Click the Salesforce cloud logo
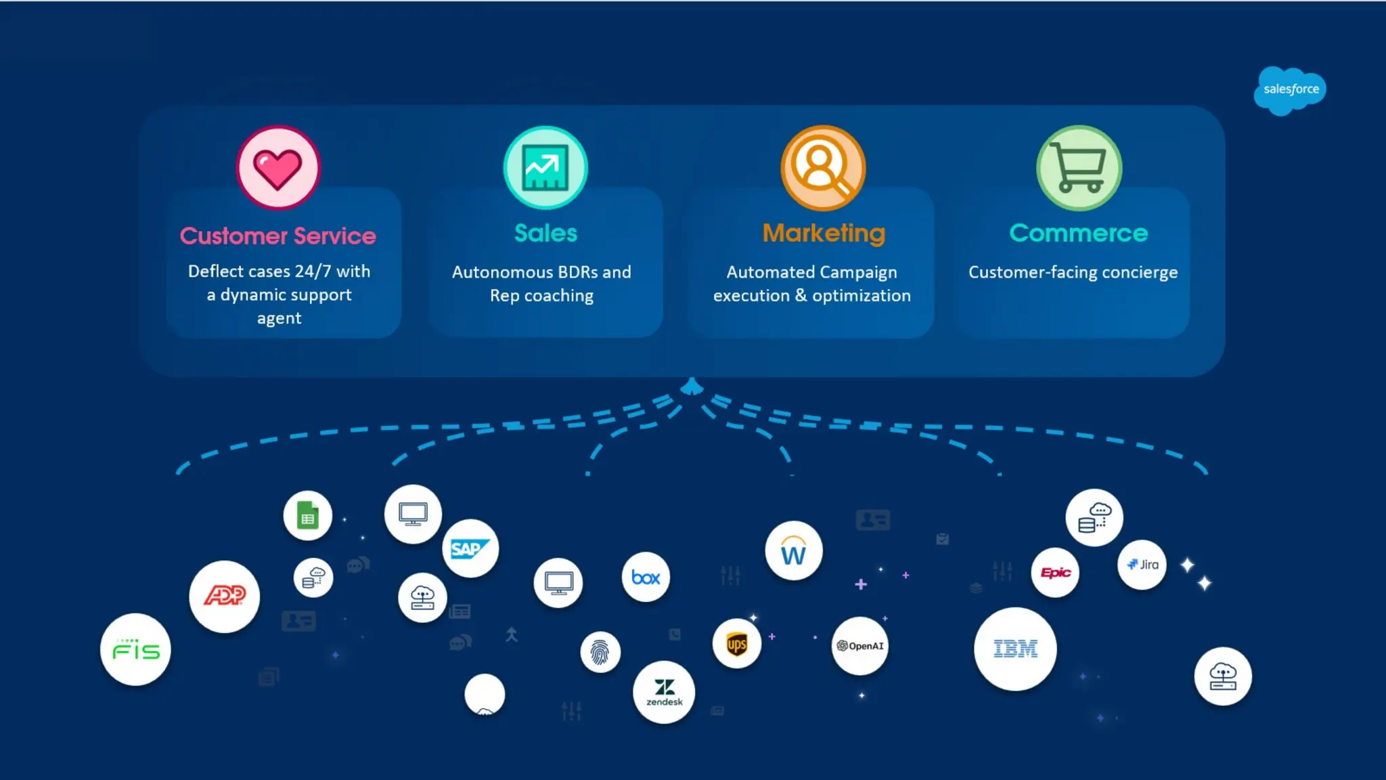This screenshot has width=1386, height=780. [x=1290, y=90]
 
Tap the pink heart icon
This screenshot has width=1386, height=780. [x=277, y=168]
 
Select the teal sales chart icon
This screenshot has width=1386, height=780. [x=545, y=168]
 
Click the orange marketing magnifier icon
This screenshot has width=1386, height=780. [x=823, y=168]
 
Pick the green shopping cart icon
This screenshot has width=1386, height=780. [x=1079, y=168]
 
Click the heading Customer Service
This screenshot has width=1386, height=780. [x=277, y=236]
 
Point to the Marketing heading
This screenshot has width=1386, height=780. [x=824, y=234]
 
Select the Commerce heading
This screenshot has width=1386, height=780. [x=1078, y=234]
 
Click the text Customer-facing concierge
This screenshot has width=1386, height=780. [x=1073, y=272]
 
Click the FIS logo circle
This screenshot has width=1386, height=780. [x=135, y=650]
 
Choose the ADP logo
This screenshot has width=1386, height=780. [x=225, y=596]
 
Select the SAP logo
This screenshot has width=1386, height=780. [x=470, y=548]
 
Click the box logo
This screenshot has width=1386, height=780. [x=646, y=578]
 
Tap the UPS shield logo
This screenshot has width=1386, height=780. [x=736, y=644]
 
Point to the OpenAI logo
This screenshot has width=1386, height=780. [x=859, y=646]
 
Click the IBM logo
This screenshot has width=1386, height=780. [x=1015, y=649]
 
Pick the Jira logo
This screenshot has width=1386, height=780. [x=1142, y=565]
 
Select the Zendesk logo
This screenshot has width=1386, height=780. [x=664, y=692]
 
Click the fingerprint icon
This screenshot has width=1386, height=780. [x=600, y=652]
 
